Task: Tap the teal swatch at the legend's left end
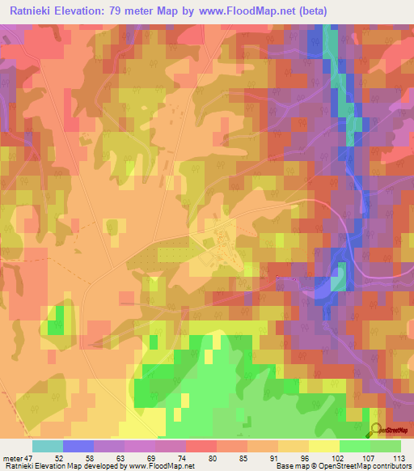click(x=48, y=446)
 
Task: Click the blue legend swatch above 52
click(x=78, y=446)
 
